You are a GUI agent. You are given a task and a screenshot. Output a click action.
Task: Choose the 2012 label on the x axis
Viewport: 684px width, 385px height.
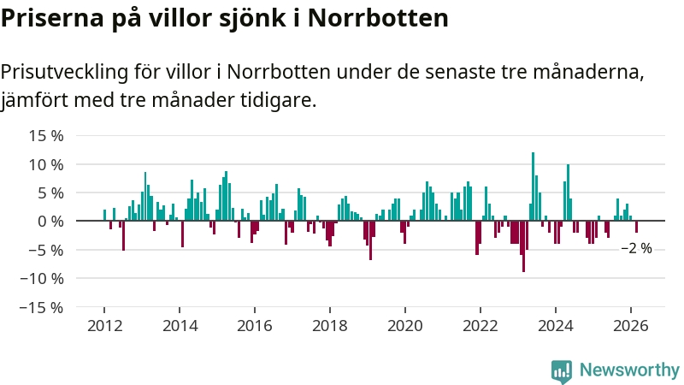coord(104,325)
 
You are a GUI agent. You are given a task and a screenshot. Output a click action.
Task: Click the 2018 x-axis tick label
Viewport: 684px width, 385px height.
coord(330,325)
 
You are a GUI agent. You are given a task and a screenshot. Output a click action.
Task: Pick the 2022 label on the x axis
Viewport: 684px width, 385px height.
coord(481,325)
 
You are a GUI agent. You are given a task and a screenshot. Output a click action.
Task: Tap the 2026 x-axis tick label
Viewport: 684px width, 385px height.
coord(631,325)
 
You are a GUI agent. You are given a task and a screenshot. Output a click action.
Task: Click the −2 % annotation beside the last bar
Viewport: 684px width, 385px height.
coord(636,248)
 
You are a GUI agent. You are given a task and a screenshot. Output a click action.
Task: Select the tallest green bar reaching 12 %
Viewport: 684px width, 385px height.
coord(533,187)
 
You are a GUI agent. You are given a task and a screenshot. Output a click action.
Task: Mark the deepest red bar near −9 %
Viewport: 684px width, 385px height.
coord(523,246)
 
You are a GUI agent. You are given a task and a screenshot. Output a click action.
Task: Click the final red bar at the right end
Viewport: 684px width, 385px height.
coord(636,227)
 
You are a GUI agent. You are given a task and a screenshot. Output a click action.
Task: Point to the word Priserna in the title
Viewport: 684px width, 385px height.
coord(50,19)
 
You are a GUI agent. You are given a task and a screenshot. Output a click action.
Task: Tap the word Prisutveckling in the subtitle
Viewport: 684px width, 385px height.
coord(72,71)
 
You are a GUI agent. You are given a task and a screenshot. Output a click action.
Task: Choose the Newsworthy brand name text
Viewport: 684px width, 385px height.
coord(629,370)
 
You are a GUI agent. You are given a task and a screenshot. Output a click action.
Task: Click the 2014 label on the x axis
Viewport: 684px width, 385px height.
coord(180,325)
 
